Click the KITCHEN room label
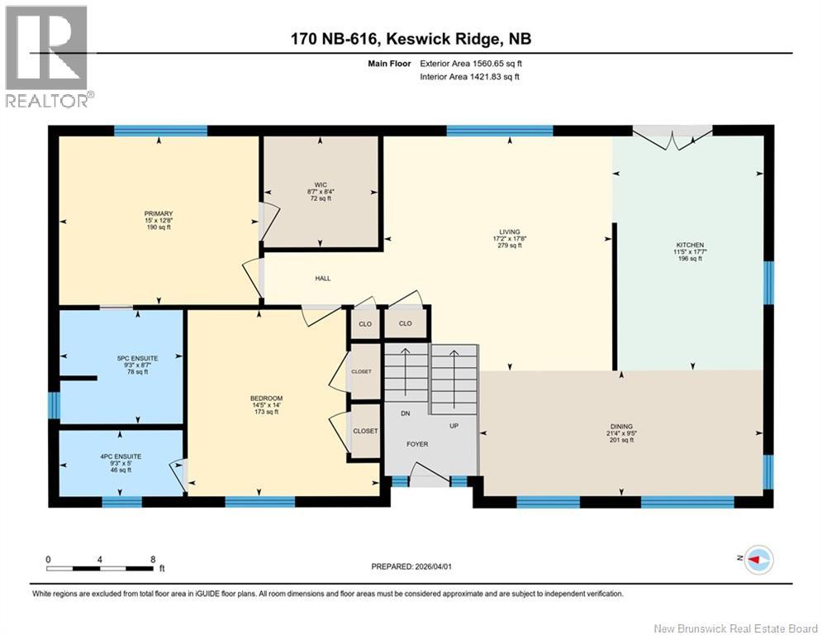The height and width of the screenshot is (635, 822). click(690, 246)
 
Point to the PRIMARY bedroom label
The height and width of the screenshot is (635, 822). click(158, 213)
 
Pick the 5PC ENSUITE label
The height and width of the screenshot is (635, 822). click(137, 358)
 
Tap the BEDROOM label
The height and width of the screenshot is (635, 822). click(266, 399)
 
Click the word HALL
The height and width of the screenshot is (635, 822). click(322, 279)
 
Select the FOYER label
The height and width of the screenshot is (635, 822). click(417, 443)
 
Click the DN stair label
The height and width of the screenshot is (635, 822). click(406, 413)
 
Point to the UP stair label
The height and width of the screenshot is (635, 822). click(453, 427)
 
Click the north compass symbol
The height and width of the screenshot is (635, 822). click(757, 561)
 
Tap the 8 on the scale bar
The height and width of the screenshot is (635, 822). click(153, 558)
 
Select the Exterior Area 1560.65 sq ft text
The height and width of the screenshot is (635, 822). click(470, 63)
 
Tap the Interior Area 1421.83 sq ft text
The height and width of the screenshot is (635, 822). click(470, 77)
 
